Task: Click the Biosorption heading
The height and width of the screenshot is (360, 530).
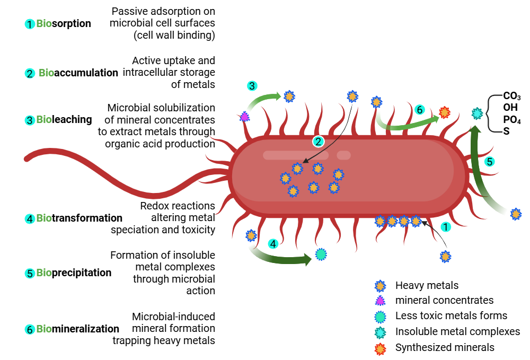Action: pyautogui.click(x=64, y=24)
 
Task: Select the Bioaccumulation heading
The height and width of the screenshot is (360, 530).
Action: pyautogui.click(x=78, y=73)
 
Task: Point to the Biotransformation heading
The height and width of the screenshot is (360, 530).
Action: pyautogui.click(x=79, y=218)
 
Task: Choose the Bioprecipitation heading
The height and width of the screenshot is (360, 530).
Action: pyautogui.click(x=74, y=273)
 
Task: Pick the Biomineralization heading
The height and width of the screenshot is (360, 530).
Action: pyautogui.click(x=77, y=329)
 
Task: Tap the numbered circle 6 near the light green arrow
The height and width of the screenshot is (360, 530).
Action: pyautogui.click(x=419, y=110)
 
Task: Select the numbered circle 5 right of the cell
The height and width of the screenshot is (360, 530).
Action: pyautogui.click(x=490, y=161)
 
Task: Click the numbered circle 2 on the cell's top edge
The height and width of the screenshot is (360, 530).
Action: pyautogui.click(x=318, y=141)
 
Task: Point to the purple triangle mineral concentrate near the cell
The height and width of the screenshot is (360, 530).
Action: pyautogui.click(x=244, y=116)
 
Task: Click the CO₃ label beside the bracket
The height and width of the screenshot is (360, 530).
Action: pyautogui.click(x=511, y=96)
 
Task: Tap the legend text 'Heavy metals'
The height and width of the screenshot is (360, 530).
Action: pyautogui.click(x=427, y=286)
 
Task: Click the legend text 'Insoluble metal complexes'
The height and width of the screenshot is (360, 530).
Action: pyautogui.click(x=457, y=332)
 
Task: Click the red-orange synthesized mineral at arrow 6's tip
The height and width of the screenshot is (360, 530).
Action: pyautogui.click(x=445, y=112)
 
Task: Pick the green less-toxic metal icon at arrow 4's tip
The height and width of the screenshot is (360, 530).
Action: pyautogui.click(x=320, y=254)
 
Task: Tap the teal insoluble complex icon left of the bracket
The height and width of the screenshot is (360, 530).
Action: pyautogui.click(x=478, y=113)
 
